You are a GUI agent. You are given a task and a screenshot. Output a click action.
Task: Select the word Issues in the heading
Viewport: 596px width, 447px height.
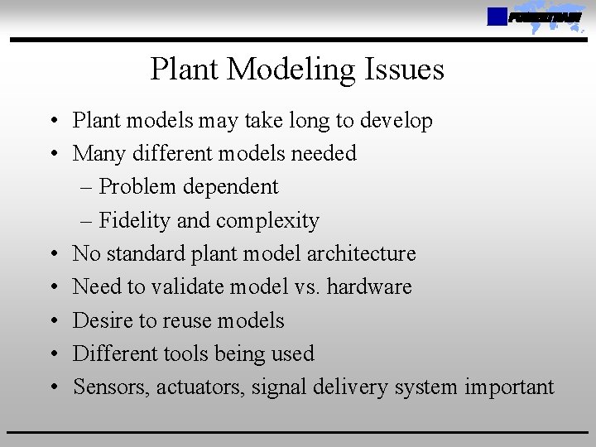coord(405,70)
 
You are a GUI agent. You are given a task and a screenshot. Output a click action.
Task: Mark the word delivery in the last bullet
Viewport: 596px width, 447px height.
coord(343,387)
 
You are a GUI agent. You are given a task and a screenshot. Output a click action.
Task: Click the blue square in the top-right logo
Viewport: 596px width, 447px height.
coord(497,17)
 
